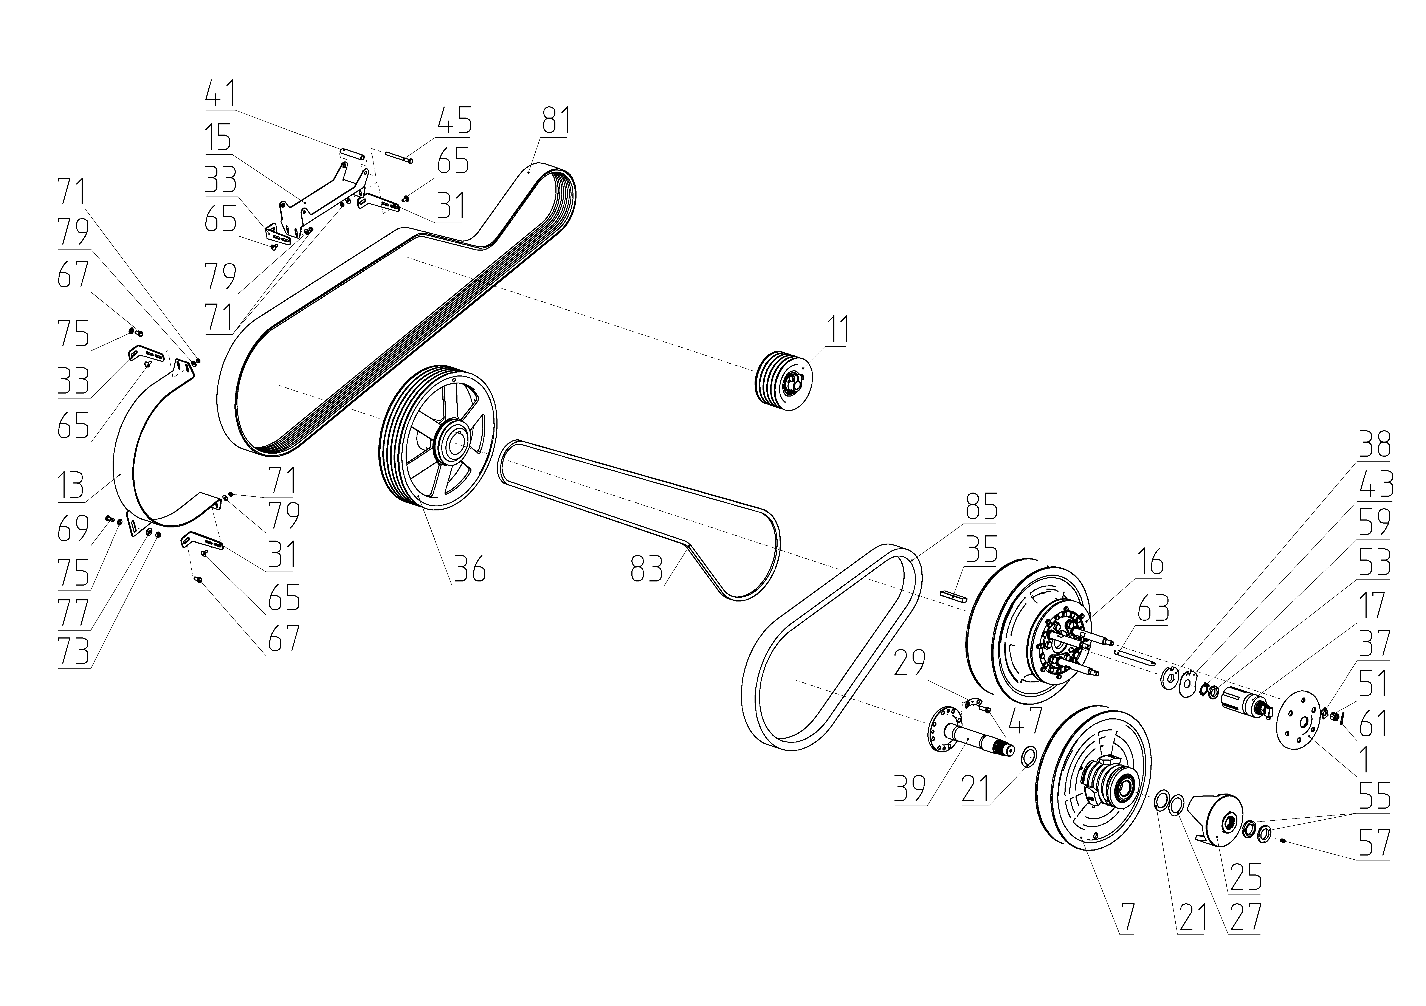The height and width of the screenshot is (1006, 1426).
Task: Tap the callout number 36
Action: (469, 569)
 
